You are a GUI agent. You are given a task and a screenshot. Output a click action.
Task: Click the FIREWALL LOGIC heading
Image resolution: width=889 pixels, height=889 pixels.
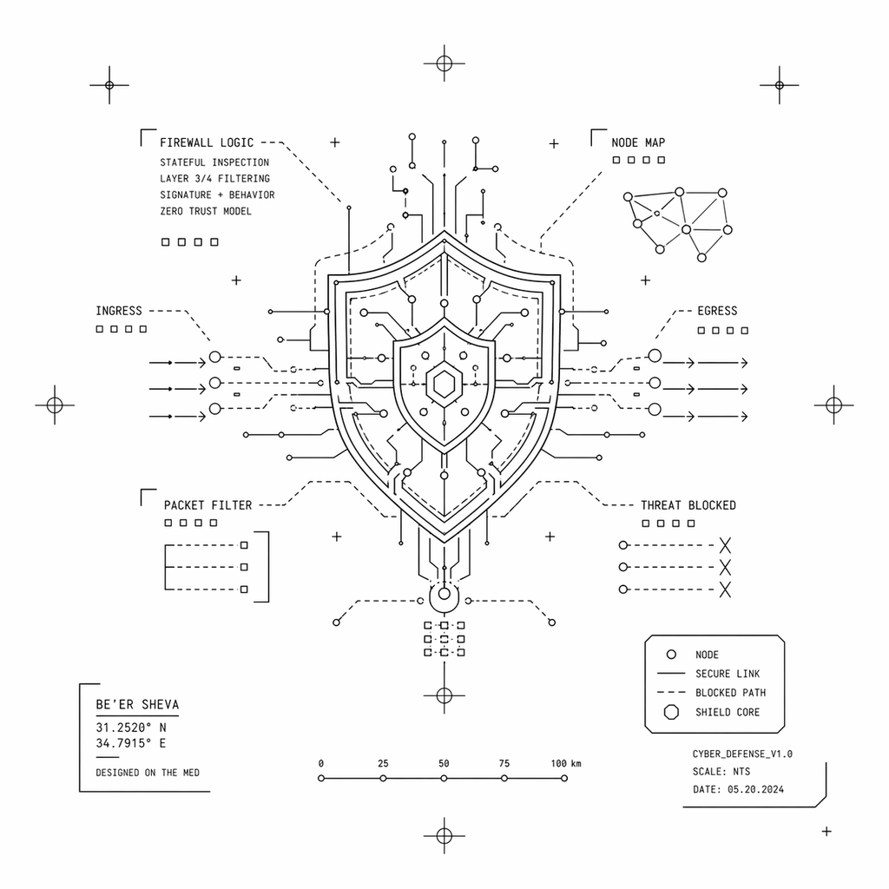coord(207,142)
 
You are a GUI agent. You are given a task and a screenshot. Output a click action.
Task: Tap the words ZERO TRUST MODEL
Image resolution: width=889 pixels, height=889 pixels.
coord(206,211)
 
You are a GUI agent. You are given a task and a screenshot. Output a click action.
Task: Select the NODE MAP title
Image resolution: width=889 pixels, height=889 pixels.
coord(638,142)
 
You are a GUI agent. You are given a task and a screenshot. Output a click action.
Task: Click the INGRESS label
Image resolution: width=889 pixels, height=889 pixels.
coord(118,311)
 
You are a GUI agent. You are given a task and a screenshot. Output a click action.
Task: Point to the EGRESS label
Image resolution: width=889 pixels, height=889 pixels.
coord(717,311)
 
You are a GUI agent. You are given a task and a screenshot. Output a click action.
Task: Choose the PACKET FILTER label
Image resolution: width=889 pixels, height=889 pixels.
coord(207,505)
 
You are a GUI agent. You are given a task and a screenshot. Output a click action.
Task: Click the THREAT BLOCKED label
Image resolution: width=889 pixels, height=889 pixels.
coord(688,505)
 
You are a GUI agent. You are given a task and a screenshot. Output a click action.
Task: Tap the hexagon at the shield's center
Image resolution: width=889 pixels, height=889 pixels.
coord(444,385)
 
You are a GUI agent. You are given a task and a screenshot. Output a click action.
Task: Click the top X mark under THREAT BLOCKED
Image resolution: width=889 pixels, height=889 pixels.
coord(725,545)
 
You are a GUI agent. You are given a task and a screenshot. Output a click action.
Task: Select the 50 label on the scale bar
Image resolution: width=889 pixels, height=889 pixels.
coord(444,763)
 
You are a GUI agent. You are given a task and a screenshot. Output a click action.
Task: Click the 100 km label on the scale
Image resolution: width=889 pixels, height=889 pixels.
coord(566,763)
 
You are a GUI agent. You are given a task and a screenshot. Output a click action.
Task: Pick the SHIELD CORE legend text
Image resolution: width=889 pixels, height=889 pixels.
coord(728,712)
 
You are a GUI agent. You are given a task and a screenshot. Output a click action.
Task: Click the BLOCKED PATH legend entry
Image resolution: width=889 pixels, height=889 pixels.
coord(730,692)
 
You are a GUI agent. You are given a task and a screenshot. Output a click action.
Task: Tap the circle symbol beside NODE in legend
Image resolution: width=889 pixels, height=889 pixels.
coord(671,655)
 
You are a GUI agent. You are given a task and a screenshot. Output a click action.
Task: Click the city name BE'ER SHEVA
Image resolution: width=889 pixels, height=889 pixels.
coord(137,704)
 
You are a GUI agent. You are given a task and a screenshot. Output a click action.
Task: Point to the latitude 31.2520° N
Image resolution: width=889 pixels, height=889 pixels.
coord(131,728)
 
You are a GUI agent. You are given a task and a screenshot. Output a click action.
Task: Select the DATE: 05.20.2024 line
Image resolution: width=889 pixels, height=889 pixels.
coord(738,789)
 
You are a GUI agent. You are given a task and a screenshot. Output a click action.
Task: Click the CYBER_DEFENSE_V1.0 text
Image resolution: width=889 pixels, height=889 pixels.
coord(742,754)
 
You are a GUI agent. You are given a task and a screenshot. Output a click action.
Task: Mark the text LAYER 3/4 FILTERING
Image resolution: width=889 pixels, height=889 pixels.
coord(215,179)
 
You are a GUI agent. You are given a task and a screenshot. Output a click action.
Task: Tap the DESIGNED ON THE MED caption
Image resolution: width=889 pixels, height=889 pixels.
coord(148,772)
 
